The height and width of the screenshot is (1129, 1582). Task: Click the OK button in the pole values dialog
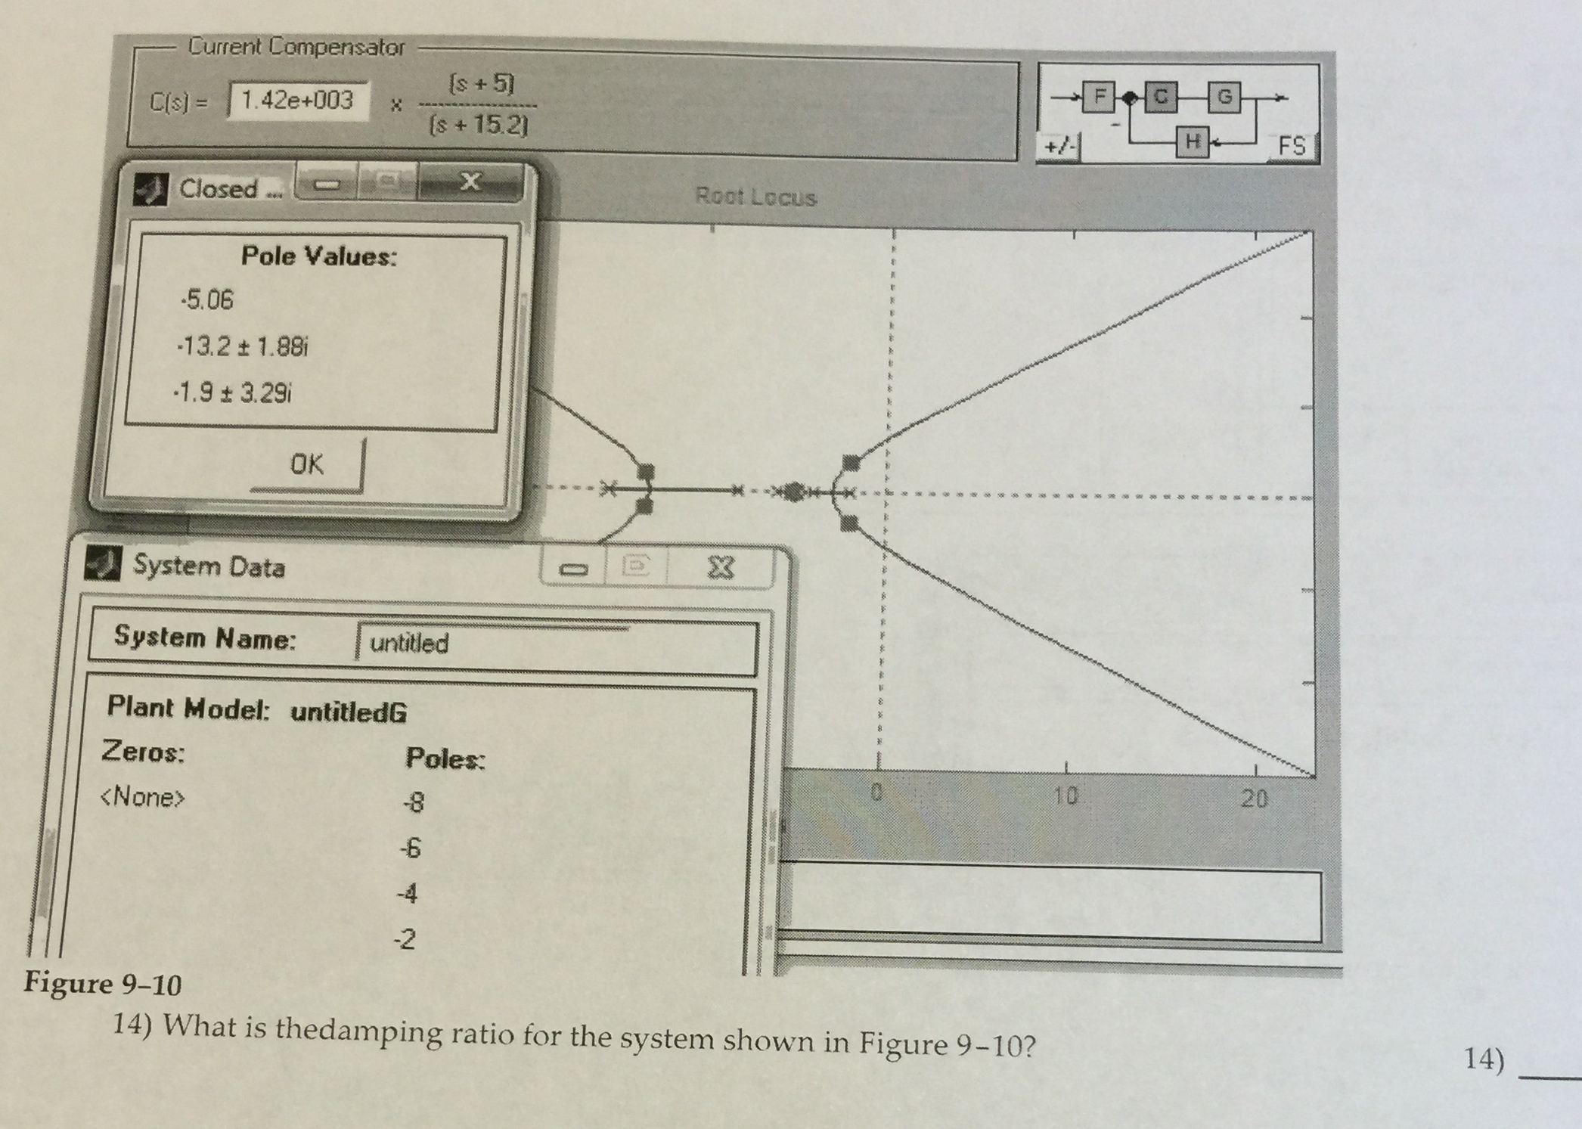coord(306,464)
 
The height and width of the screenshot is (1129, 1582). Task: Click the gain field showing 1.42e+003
coord(298,101)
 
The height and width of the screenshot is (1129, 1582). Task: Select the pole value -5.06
coord(206,300)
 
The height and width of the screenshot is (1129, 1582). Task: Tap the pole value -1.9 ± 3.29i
coord(232,392)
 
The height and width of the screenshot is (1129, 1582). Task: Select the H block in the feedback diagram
coord(1192,141)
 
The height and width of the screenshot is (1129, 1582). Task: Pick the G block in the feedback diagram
coord(1224,97)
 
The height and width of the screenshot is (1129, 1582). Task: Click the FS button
coord(1292,145)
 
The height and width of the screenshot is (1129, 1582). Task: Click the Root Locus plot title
coord(755,197)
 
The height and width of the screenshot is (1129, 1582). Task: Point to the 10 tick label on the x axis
coord(1066,796)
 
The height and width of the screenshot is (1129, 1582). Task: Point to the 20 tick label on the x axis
coord(1254,798)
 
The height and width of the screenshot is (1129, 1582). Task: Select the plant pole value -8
coord(414,802)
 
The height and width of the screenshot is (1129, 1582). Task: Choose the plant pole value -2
coord(405,939)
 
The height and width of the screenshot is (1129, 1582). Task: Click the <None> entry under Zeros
coord(142,797)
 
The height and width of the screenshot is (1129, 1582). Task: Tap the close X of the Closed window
coord(470,181)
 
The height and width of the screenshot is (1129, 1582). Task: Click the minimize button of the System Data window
coord(572,568)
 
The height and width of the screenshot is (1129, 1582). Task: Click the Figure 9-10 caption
coord(103,983)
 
